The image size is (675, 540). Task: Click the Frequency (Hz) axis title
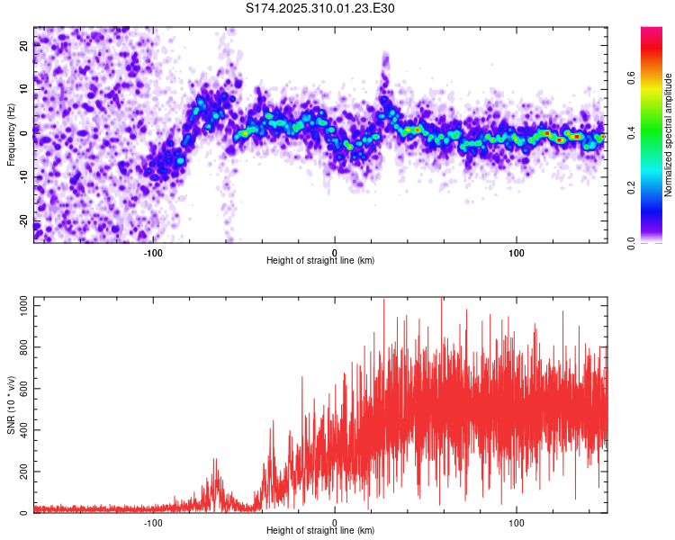(11, 135)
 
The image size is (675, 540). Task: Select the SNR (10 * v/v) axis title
(11, 406)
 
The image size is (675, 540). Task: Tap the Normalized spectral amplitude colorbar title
(669, 135)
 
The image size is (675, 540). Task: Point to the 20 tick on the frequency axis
(24, 47)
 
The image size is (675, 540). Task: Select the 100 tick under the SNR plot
(517, 522)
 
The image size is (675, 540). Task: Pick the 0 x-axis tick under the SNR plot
(335, 522)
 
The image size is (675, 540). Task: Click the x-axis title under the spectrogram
(320, 260)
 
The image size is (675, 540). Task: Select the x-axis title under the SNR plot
(320, 531)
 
